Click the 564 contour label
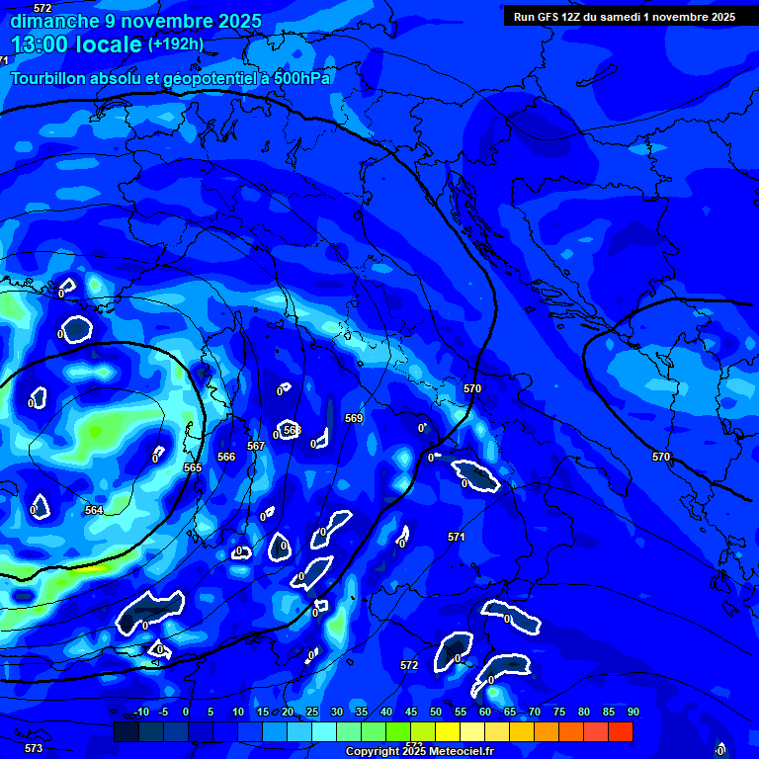click(x=93, y=510)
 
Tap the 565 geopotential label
click(x=193, y=467)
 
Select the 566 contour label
click(x=226, y=457)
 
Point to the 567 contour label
click(x=256, y=446)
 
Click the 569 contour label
click(x=354, y=418)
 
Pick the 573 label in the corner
click(x=34, y=748)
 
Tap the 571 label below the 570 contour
click(x=456, y=537)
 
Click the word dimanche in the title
click(x=55, y=21)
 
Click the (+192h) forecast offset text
click(x=176, y=44)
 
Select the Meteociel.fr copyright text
click(x=419, y=751)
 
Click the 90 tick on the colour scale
click(x=633, y=712)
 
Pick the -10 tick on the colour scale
click(x=140, y=712)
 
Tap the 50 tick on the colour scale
click(x=436, y=712)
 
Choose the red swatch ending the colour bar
click(x=621, y=731)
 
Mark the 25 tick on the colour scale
click(x=311, y=712)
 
